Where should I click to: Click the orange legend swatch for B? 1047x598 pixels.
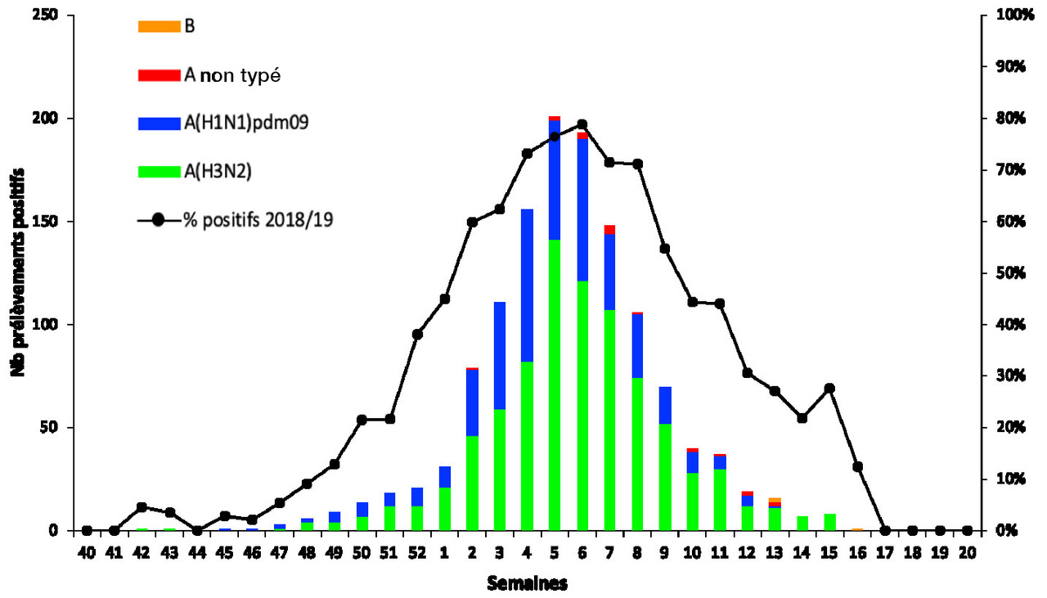coord(159,25)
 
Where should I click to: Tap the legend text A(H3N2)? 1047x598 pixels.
coord(218,171)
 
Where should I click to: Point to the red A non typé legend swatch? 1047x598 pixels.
coord(159,75)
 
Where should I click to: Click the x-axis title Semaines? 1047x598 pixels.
coord(527,583)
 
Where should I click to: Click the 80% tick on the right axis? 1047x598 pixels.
coord(1007,119)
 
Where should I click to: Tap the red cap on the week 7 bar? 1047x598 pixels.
coord(609,230)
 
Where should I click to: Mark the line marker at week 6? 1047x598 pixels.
coord(582,124)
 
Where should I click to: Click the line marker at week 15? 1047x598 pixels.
coord(829,388)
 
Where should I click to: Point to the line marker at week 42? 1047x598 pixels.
coord(142,507)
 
